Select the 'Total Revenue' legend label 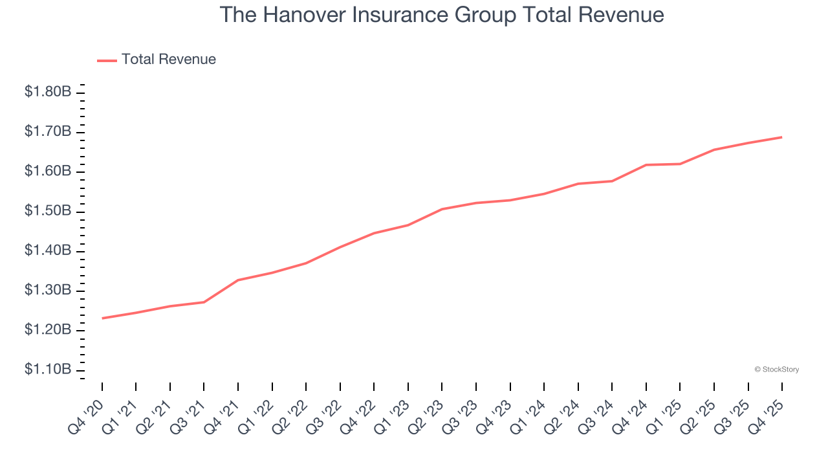[x=169, y=60]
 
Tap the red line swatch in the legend [x=107, y=60]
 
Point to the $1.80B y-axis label [x=48, y=92]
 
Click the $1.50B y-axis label [x=48, y=211]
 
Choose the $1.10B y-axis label [x=48, y=369]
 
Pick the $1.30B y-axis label [x=48, y=290]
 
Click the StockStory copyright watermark [x=776, y=370]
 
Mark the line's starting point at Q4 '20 [x=102, y=318]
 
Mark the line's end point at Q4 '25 [x=782, y=137]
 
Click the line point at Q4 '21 [x=238, y=280]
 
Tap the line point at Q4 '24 [x=646, y=165]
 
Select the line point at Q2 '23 [x=442, y=209]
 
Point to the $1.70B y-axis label [x=48, y=131]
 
